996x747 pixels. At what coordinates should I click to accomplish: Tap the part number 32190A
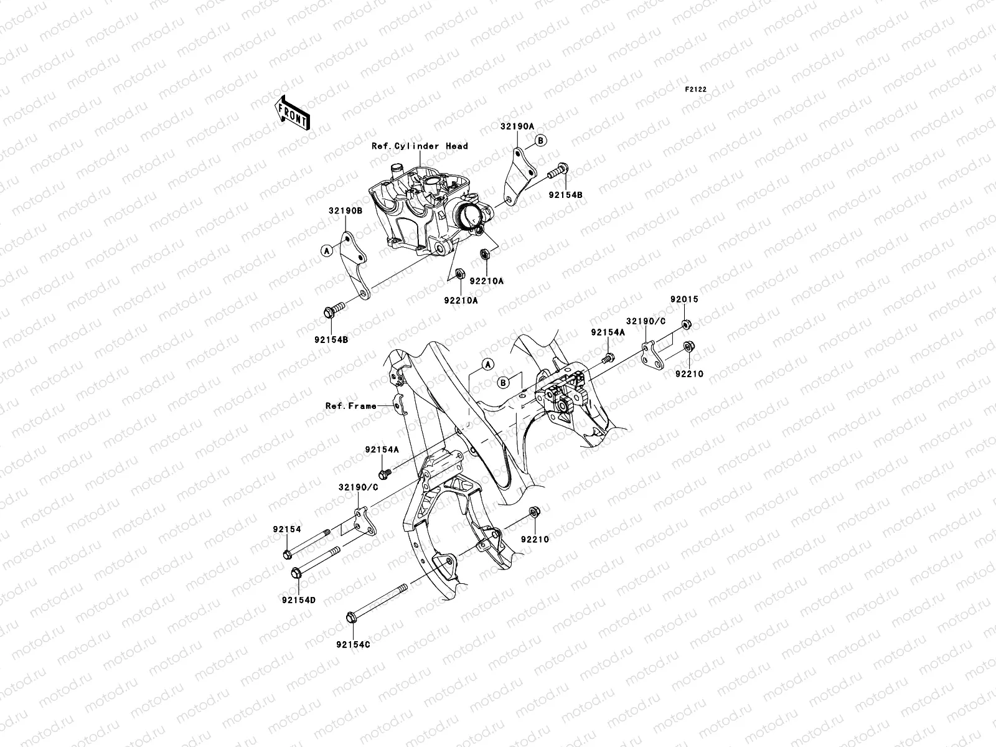coord(517,126)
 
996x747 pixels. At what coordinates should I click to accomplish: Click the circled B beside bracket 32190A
coord(541,141)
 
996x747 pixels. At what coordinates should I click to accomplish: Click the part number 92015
coord(684,299)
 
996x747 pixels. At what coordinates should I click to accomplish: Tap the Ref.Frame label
coord(351,406)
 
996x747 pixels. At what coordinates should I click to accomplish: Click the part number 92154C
coord(352,645)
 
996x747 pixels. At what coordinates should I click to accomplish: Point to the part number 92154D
coord(299,600)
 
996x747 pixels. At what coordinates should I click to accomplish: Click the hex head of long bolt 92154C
coord(350,618)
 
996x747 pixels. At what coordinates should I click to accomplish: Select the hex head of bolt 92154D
coord(296,572)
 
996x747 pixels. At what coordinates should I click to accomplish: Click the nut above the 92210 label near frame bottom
coord(534,512)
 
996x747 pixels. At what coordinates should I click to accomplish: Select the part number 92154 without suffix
coord(286,529)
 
